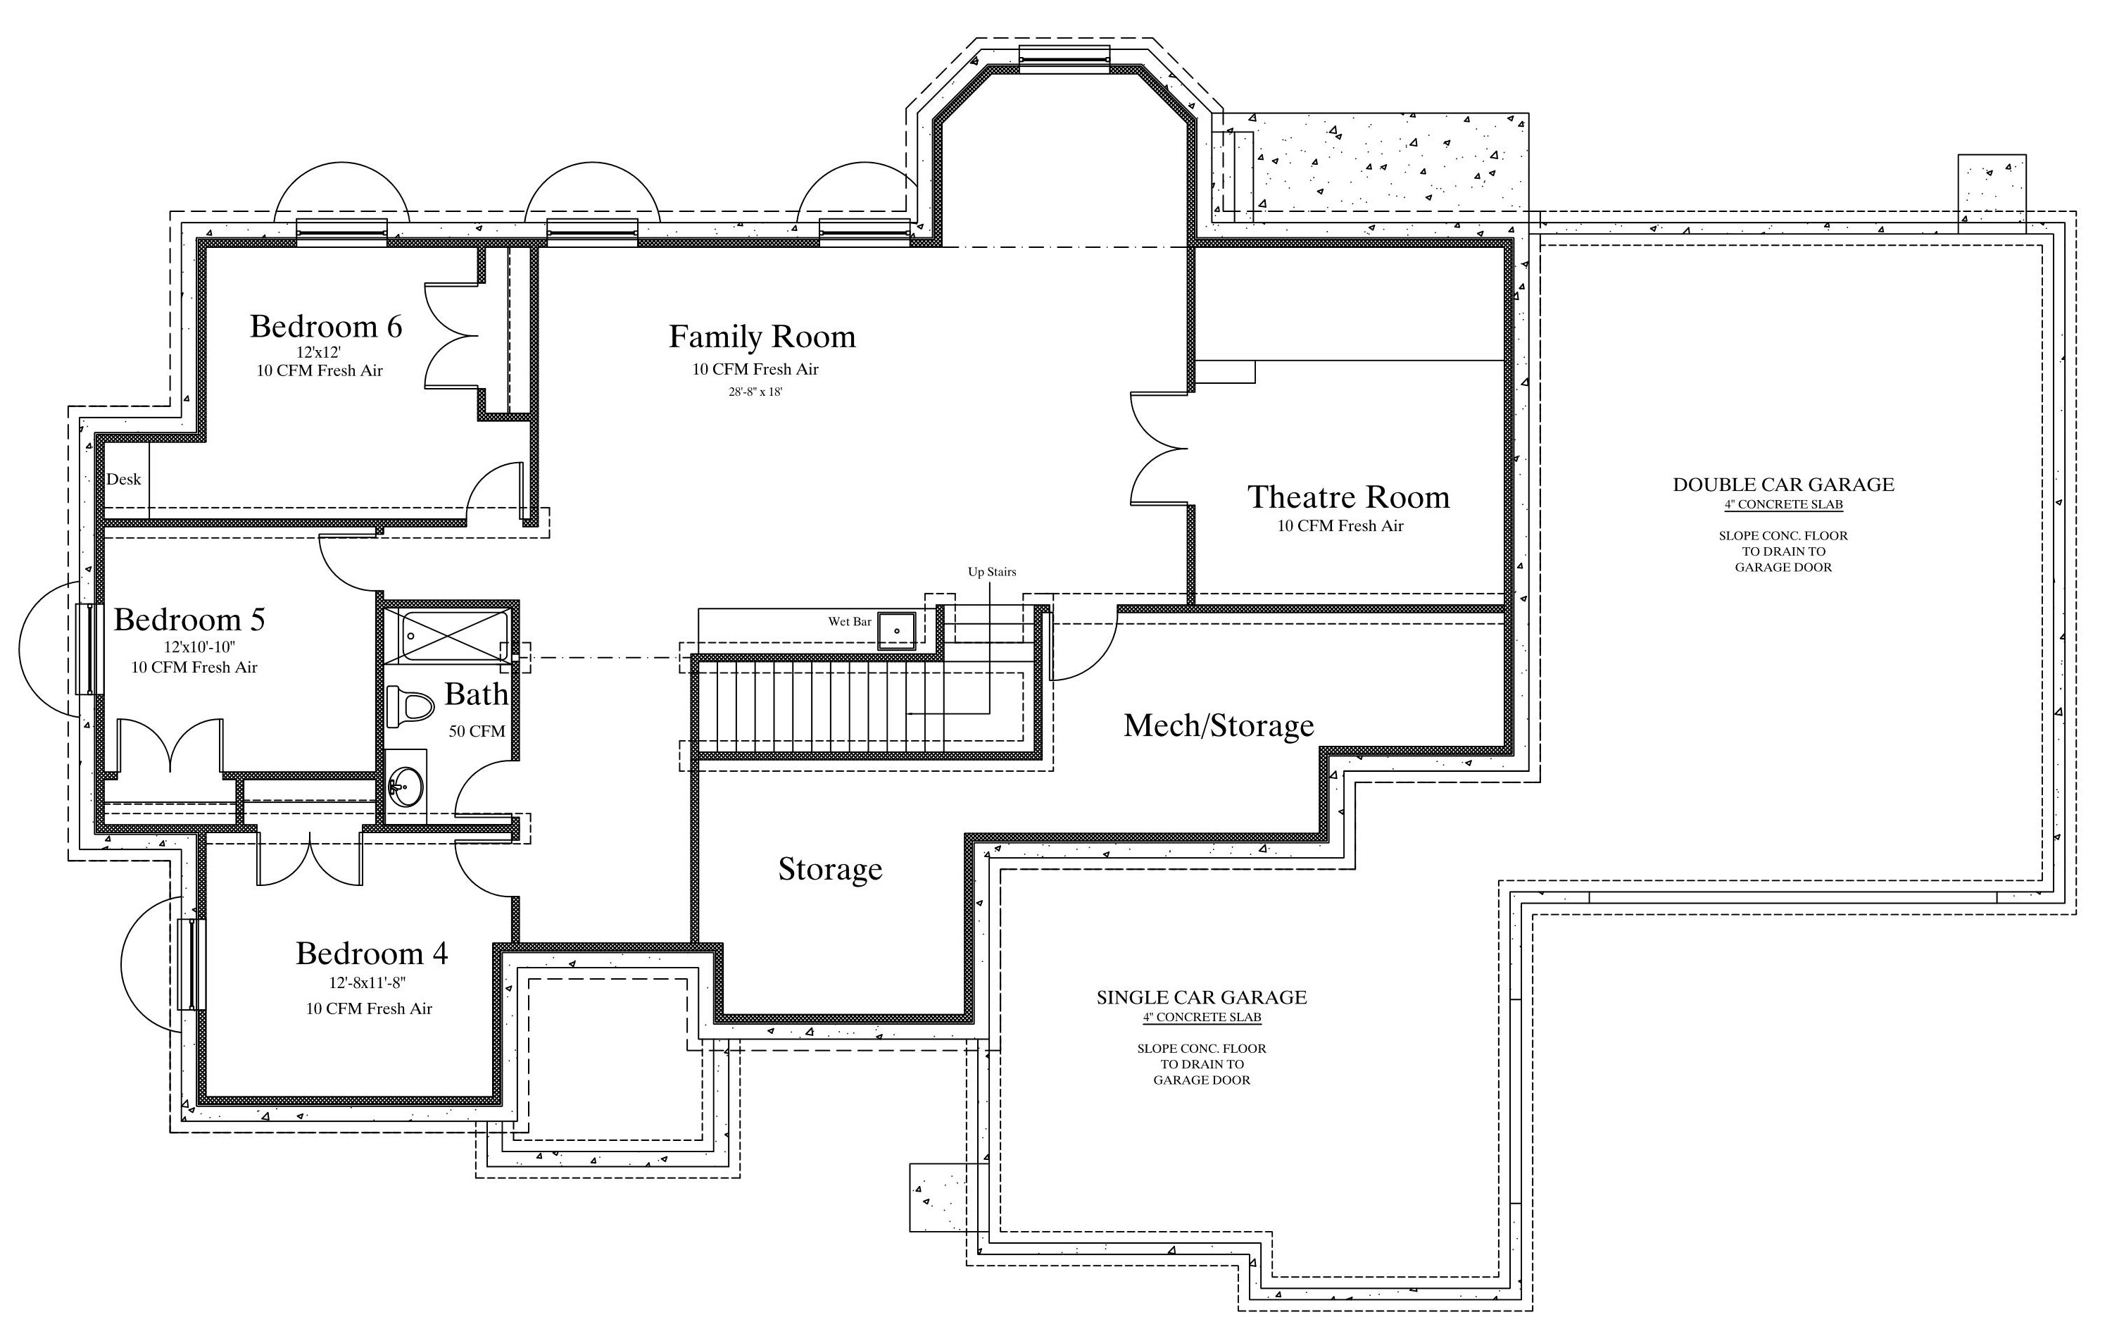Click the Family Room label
pyautogui.click(x=762, y=337)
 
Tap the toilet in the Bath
pyautogui.click(x=410, y=707)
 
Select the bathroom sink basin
pyautogui.click(x=406, y=786)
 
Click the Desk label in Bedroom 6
pyautogui.click(x=124, y=479)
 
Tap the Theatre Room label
pyautogui.click(x=1348, y=497)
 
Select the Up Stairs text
pyautogui.click(x=992, y=572)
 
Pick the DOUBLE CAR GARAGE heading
pyautogui.click(x=1783, y=485)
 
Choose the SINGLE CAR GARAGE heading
pyautogui.click(x=1202, y=997)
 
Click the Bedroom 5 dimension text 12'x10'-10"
pyautogui.click(x=200, y=647)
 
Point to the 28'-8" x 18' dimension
pyautogui.click(x=755, y=392)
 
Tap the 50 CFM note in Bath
pyautogui.click(x=477, y=731)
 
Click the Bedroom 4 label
pyautogui.click(x=372, y=954)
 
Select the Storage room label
pyautogui.click(x=830, y=869)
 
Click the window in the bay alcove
pyautogui.click(x=1064, y=55)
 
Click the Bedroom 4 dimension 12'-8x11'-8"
pyautogui.click(x=367, y=983)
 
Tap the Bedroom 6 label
pyautogui.click(x=326, y=326)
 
